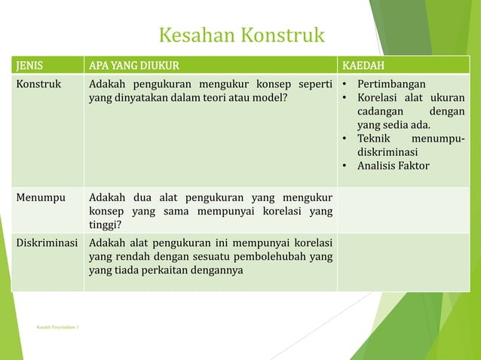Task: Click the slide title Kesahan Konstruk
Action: point(241,35)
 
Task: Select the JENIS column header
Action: point(31,64)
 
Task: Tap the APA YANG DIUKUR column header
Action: point(134,64)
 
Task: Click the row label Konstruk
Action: point(39,83)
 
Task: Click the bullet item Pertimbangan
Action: point(391,83)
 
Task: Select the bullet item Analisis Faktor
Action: point(393,166)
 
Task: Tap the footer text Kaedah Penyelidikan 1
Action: point(61,328)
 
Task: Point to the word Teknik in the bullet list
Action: point(374,139)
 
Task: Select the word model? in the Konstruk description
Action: point(270,97)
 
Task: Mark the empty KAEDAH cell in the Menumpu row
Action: point(403,210)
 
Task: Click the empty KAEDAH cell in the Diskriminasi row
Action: point(403,262)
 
